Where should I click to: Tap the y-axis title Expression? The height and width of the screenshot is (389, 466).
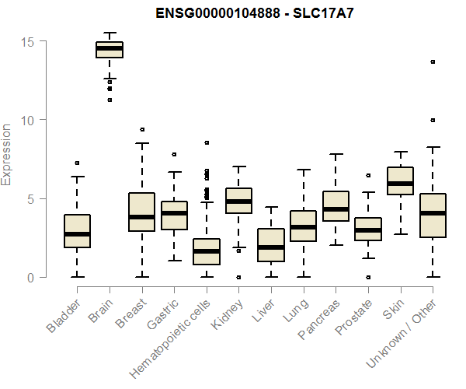[x=7, y=154]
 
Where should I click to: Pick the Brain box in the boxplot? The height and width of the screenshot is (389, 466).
[x=110, y=50]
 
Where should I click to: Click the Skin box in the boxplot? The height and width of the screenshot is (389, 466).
[x=400, y=181]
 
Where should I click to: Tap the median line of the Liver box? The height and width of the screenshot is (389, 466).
[x=271, y=247]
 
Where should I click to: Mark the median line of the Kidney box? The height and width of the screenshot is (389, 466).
[x=238, y=202]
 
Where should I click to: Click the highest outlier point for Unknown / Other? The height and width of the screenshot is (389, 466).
[x=433, y=61]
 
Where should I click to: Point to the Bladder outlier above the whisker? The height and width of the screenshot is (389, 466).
[x=77, y=163]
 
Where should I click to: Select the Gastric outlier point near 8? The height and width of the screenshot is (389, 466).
[x=174, y=154]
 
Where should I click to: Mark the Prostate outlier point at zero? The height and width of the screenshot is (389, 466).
[x=368, y=277]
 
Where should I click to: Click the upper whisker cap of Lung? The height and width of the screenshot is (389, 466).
[x=303, y=170]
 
